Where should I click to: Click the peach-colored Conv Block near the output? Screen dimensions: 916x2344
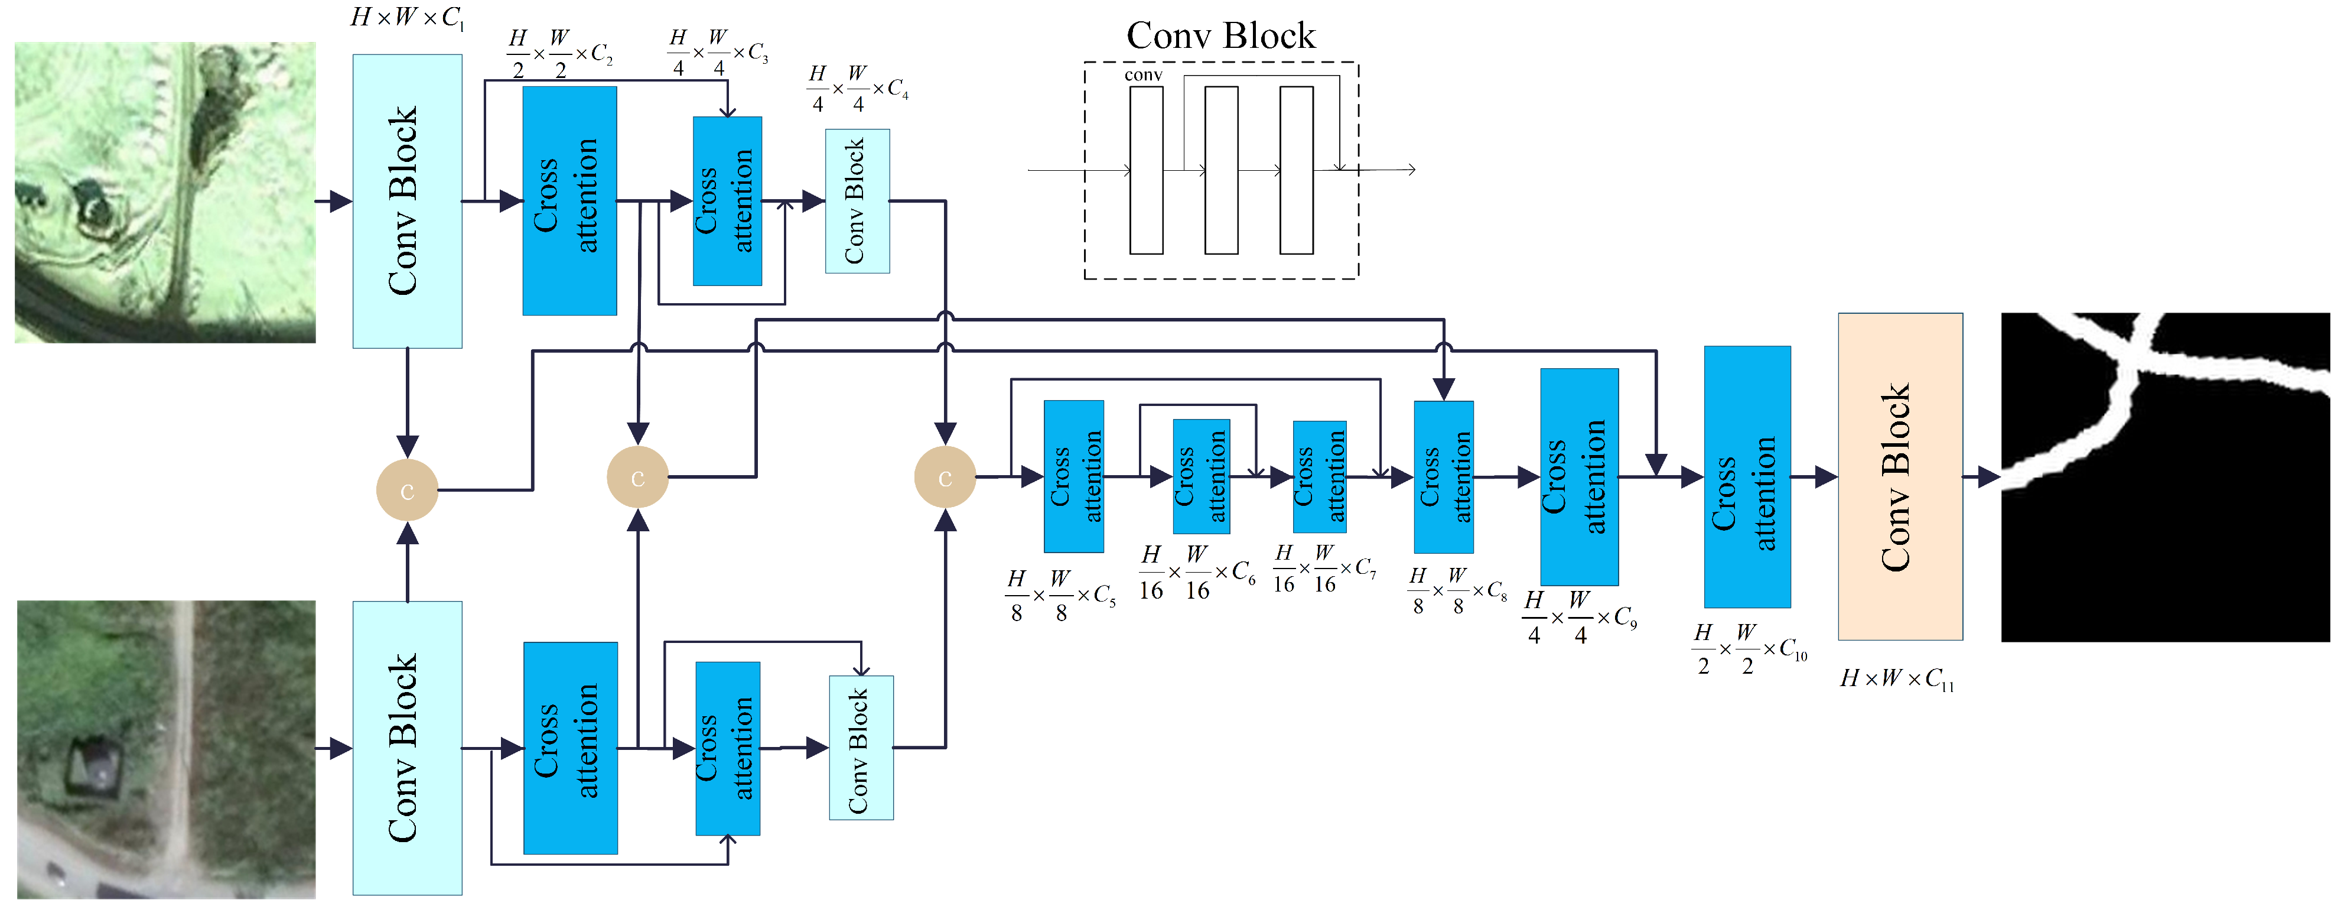[1899, 476]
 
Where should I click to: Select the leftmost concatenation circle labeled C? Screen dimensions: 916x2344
[407, 491]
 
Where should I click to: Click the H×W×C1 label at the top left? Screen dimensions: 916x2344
[407, 17]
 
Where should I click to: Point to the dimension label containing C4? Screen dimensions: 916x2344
[857, 88]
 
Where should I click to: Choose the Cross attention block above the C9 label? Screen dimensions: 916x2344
[1579, 476]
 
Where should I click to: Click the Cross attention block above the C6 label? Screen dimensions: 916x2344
[1201, 476]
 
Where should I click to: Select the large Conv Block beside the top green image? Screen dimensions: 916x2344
[407, 202]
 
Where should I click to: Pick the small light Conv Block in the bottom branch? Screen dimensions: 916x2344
[860, 748]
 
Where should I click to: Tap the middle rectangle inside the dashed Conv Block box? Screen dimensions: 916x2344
[1220, 170]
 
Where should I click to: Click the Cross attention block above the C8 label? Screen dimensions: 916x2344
[1443, 476]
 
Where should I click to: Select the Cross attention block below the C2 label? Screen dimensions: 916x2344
[569, 202]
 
